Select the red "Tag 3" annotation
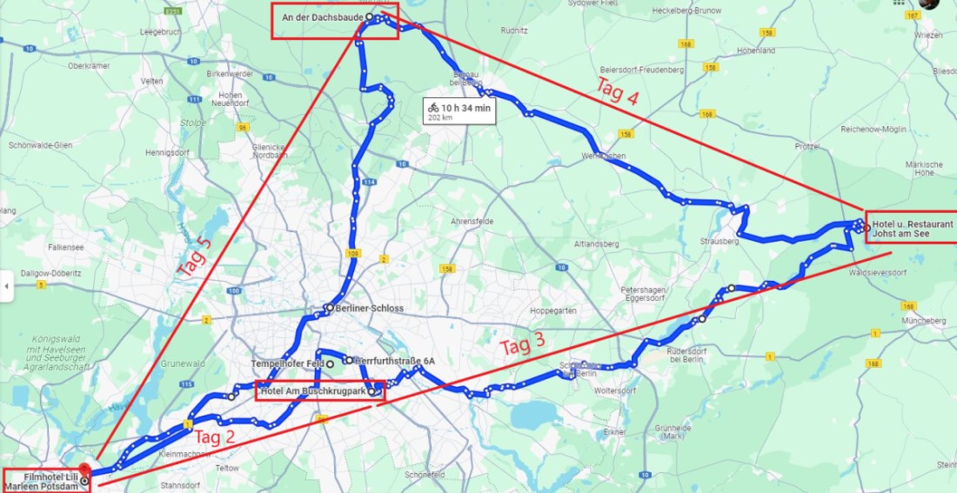pyautogui.click(x=522, y=346)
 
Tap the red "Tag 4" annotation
pyautogui.click(x=618, y=90)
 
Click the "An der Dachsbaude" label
pyautogui.click(x=322, y=17)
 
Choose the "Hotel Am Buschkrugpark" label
pyautogui.click(x=313, y=391)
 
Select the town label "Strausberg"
pyautogui.click(x=718, y=242)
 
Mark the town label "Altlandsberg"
pyautogui.click(x=595, y=243)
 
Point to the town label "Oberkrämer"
pyautogui.click(x=87, y=65)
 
